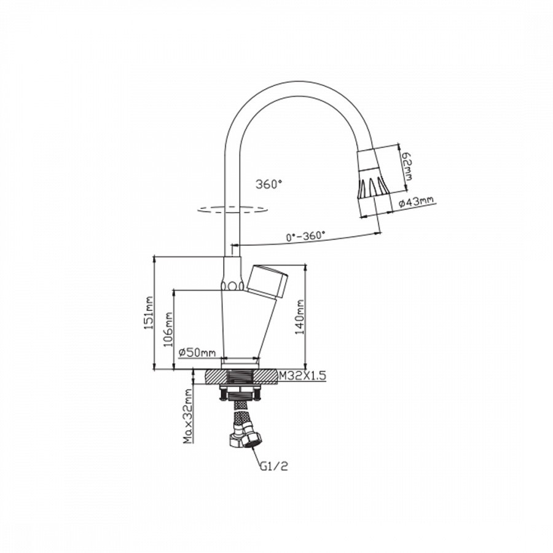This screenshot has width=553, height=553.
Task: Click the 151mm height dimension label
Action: [x=149, y=313]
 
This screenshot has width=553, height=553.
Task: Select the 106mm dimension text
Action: [x=169, y=329]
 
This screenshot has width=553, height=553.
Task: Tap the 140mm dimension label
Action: [x=300, y=316]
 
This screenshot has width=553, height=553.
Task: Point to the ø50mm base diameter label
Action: [x=197, y=352]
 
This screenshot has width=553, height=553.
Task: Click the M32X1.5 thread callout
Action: [x=302, y=375]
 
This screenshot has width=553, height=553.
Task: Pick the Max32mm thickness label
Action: [x=189, y=416]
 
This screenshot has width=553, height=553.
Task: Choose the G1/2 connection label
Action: [x=274, y=466]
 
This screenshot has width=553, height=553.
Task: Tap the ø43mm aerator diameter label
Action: [x=415, y=202]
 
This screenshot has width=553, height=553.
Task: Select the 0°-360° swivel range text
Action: [x=305, y=235]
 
